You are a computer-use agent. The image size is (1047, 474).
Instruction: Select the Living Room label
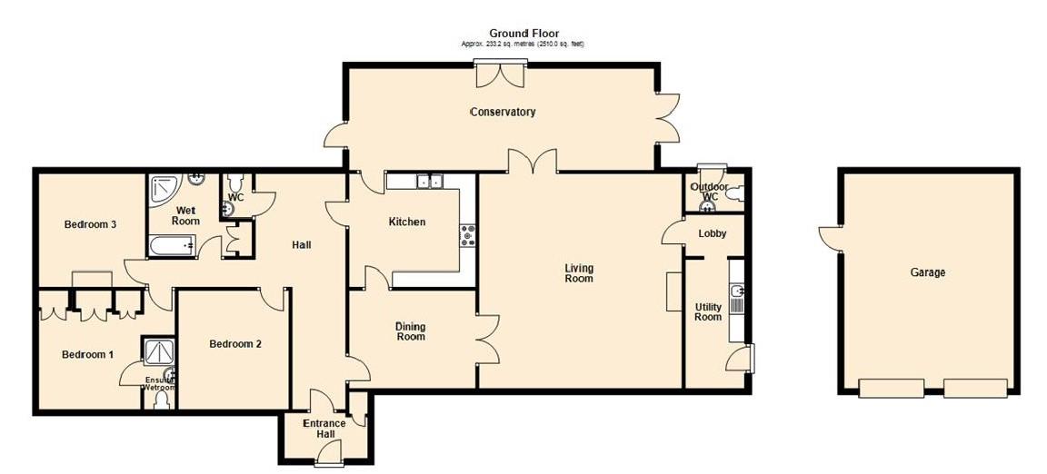pyautogui.click(x=578, y=273)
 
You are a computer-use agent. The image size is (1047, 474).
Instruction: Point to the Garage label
pyautogui.click(x=927, y=272)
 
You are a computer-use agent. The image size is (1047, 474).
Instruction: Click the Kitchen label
pyautogui.click(x=406, y=222)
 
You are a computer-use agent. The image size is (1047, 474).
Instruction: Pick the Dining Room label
pyautogui.click(x=410, y=331)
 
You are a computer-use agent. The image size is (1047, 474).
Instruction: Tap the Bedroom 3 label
pyautogui.click(x=89, y=224)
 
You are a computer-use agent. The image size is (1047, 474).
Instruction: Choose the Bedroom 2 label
pyautogui.click(x=235, y=344)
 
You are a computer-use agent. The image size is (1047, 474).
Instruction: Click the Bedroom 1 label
pyautogui.click(x=87, y=354)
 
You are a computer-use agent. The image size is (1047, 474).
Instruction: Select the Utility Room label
pyautogui.click(x=707, y=311)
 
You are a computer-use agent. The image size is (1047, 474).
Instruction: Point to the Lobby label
pyautogui.click(x=712, y=233)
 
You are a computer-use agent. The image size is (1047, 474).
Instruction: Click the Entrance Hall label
pyautogui.click(x=324, y=429)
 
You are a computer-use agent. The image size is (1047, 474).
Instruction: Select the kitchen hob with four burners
pyautogui.click(x=469, y=235)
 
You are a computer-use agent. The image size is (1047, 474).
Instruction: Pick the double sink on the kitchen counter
pyautogui.click(x=429, y=182)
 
